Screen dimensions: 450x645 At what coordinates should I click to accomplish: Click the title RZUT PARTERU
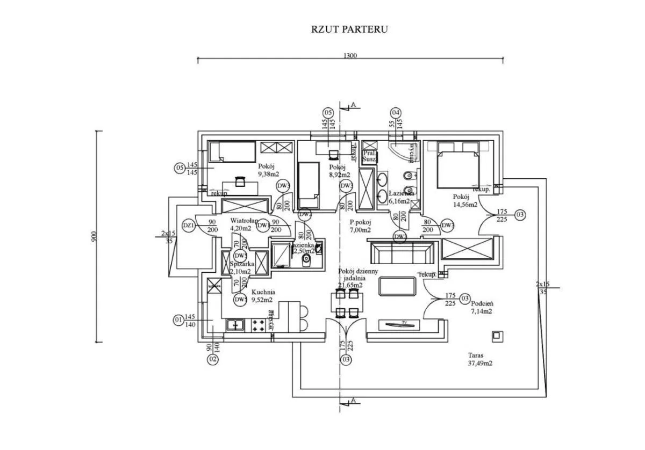(x=349, y=29)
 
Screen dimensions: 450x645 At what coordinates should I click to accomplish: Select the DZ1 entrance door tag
(x=189, y=226)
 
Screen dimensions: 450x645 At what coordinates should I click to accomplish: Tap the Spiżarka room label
(x=242, y=264)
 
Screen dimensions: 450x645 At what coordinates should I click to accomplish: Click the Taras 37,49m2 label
(x=480, y=359)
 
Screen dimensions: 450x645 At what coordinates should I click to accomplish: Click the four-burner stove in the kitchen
(x=258, y=325)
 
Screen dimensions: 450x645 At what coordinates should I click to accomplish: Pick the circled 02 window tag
(x=213, y=359)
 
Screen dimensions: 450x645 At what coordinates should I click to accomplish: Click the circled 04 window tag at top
(x=396, y=113)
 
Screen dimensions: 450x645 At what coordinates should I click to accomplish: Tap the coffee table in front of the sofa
(x=398, y=286)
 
